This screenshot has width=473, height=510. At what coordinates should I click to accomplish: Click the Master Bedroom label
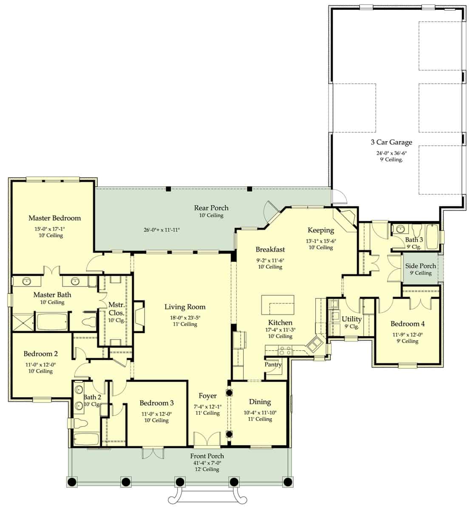click(x=54, y=218)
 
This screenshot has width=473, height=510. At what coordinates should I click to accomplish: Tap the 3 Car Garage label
click(x=391, y=142)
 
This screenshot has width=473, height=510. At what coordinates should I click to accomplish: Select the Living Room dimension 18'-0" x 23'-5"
click(x=185, y=316)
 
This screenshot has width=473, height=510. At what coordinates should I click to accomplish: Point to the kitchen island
click(x=278, y=304)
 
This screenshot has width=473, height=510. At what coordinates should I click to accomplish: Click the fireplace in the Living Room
click(x=139, y=317)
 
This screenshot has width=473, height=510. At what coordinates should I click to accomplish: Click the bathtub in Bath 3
click(x=432, y=238)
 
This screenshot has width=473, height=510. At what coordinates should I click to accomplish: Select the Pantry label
click(x=273, y=365)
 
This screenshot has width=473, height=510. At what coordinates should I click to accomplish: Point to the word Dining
click(x=260, y=402)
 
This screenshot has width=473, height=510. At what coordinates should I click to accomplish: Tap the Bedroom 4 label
click(x=407, y=324)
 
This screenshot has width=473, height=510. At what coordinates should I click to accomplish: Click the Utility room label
click(x=351, y=319)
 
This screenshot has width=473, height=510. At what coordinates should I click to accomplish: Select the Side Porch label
click(x=420, y=266)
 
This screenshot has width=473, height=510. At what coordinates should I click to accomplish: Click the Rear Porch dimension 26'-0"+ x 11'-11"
click(x=161, y=230)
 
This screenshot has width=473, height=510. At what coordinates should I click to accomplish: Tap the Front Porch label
click(x=207, y=456)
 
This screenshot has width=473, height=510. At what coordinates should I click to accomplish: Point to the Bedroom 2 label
click(x=40, y=354)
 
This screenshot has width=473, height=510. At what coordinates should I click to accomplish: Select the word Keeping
click(x=320, y=230)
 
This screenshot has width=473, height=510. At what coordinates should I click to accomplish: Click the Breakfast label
click(x=270, y=249)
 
